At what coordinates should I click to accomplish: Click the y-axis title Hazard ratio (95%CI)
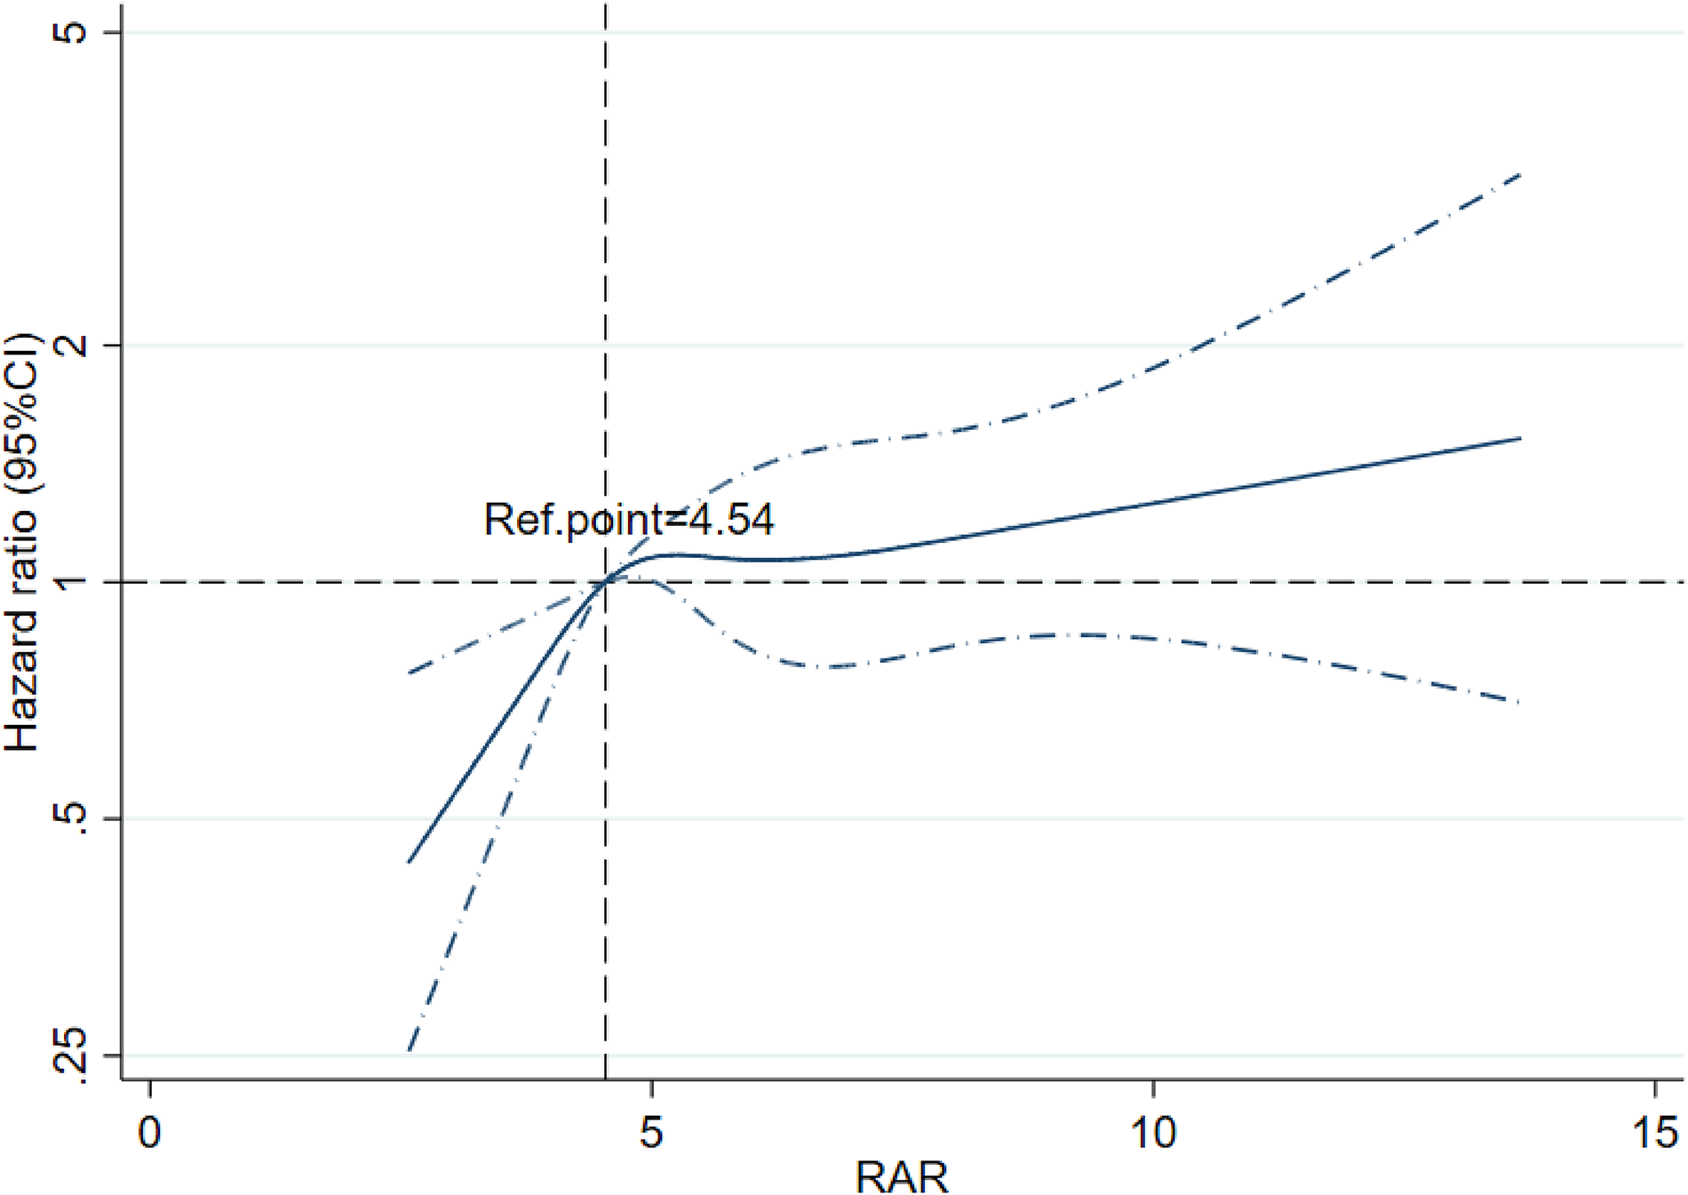(x=21, y=542)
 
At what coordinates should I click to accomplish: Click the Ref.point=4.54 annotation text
(x=628, y=520)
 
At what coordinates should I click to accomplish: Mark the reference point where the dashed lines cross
(x=605, y=582)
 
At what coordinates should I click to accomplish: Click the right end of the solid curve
(x=1521, y=438)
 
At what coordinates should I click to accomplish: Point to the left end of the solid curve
(x=409, y=862)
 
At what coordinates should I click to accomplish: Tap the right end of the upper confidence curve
(x=1521, y=175)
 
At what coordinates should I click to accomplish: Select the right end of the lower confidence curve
(x=1521, y=702)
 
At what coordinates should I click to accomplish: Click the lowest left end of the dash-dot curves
(x=409, y=1050)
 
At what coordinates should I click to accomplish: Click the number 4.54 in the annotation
(x=730, y=520)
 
